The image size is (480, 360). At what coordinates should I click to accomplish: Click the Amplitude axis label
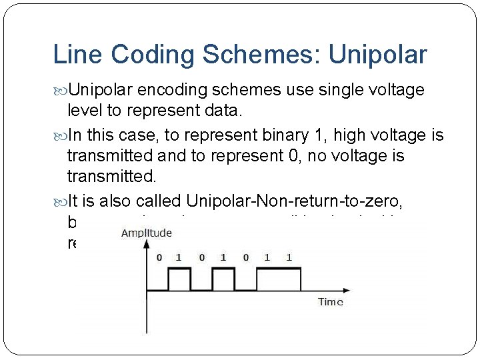[x=147, y=233]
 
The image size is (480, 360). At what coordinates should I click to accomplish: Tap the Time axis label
[x=330, y=302]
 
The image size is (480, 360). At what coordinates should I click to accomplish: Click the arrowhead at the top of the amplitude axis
[x=147, y=244]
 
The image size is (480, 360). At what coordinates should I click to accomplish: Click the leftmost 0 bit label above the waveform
[x=158, y=257]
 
